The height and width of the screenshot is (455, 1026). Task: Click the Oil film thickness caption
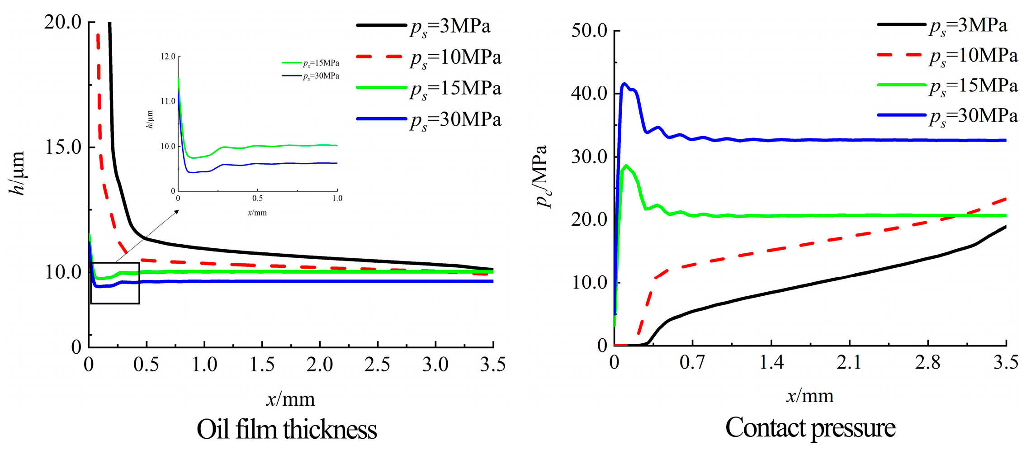pyautogui.click(x=287, y=430)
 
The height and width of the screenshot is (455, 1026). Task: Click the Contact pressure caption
pyautogui.click(x=810, y=428)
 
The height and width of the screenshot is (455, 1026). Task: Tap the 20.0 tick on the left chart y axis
pyautogui.click(x=63, y=22)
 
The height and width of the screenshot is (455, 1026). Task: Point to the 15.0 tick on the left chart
pyautogui.click(x=63, y=147)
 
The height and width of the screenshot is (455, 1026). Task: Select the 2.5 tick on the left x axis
pyautogui.click(x=378, y=365)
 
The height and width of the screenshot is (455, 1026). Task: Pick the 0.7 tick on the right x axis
pyautogui.click(x=692, y=363)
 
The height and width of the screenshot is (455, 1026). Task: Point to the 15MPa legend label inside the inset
pyautogui.click(x=321, y=63)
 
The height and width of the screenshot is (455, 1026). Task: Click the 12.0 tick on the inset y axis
pyautogui.click(x=168, y=57)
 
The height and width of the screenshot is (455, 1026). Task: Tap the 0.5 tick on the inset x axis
pyautogui.click(x=257, y=199)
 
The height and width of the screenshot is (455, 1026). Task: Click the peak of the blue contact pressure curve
pyautogui.click(x=625, y=84)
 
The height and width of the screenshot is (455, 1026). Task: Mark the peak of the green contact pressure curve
pyautogui.click(x=626, y=166)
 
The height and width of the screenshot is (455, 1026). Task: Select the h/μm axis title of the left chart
pyautogui.click(x=17, y=174)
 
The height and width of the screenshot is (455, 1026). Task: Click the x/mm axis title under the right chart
pyautogui.click(x=809, y=396)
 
